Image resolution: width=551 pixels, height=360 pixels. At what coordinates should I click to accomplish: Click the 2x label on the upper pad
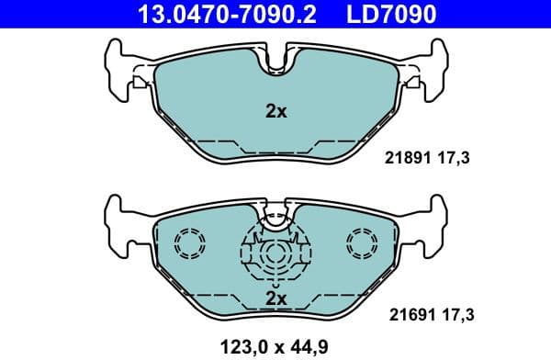275,112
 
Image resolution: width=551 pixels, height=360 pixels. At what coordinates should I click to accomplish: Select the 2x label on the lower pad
275,298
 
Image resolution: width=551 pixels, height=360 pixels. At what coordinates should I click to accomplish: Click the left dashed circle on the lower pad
189,243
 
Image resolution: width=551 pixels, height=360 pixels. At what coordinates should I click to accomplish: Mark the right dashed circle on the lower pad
362,243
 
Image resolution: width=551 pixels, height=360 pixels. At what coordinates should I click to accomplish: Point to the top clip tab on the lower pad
275,216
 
